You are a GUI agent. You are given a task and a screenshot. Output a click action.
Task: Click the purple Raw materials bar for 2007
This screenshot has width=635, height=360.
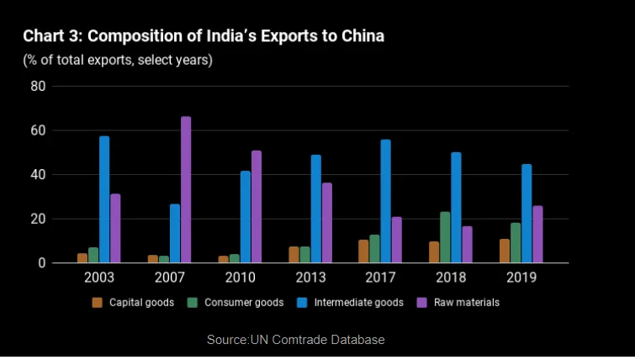point(186,190)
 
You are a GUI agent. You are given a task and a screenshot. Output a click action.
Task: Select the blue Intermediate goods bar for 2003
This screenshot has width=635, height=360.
point(104,199)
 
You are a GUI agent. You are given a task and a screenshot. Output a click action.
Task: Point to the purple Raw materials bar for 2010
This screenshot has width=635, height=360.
point(257,207)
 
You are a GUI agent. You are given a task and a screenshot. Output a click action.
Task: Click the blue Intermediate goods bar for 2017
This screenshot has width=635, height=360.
point(385,201)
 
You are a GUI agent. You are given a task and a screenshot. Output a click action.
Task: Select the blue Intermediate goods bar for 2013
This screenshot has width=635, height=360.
point(315,209)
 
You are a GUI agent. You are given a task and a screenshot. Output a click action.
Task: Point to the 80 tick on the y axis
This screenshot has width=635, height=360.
point(37,87)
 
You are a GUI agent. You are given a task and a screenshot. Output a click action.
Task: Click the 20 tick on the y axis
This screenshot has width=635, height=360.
point(37,220)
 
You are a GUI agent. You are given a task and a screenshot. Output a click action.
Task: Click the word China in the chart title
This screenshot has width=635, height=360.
point(362,36)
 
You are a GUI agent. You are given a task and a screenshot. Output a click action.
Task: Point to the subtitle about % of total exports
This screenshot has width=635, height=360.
point(118,61)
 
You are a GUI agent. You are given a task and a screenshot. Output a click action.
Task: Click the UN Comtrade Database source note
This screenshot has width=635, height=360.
point(295,340)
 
